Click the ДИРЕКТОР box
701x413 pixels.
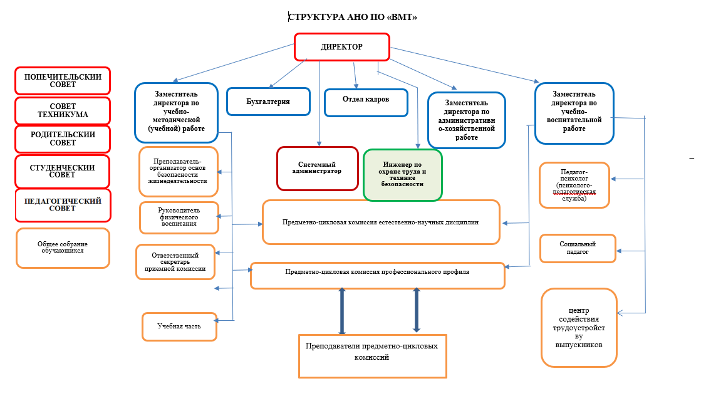[342, 47]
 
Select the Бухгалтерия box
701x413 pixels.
[269, 101]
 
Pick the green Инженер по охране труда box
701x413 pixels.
[403, 175]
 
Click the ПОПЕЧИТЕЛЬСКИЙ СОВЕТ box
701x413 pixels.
[63, 81]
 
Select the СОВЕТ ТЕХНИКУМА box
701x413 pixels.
[63, 110]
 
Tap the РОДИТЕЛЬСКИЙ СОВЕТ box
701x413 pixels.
[63, 139]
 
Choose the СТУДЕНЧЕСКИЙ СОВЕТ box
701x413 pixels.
[63, 171]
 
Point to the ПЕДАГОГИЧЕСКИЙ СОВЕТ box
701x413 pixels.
[63, 205]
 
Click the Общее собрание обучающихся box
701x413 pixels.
[63, 248]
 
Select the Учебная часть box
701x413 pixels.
[179, 327]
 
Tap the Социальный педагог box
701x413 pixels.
[578, 248]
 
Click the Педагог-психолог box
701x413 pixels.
[574, 185]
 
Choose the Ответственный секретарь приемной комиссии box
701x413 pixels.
[175, 261]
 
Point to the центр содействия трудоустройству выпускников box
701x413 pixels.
[578, 327]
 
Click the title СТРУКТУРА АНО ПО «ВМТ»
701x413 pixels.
[352, 17]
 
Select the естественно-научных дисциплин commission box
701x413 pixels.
[381, 222]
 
